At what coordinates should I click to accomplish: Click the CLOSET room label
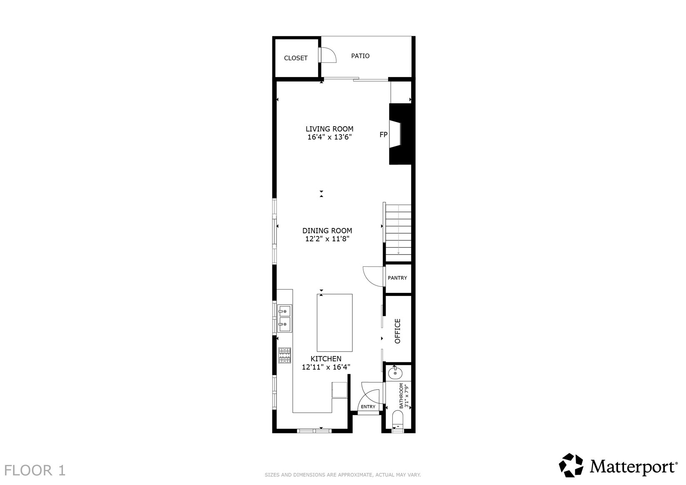pos(296,58)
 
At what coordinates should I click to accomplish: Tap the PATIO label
pos(360,56)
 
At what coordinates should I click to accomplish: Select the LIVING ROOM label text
pos(329,129)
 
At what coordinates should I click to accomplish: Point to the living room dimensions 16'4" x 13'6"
pos(329,137)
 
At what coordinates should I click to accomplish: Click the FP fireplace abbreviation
pos(384,135)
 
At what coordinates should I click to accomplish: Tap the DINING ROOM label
pos(327,231)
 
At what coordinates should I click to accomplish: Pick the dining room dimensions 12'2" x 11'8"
pos(327,239)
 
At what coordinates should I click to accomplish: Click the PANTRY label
pos(397,278)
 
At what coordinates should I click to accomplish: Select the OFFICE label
pos(397,331)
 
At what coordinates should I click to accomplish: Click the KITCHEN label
pos(326,359)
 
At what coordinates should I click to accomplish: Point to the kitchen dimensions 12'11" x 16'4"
pos(326,367)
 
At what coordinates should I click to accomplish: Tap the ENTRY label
pos(368,407)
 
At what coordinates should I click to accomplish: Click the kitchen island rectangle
pos(334,322)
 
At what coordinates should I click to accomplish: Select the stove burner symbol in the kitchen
pos(284,355)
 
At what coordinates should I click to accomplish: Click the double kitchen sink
pos(284,318)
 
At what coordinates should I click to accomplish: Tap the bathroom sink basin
pos(395,373)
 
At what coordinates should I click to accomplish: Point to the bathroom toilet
pos(398,421)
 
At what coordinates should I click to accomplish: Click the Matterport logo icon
pos(571,465)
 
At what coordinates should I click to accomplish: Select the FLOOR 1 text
pos(35,470)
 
